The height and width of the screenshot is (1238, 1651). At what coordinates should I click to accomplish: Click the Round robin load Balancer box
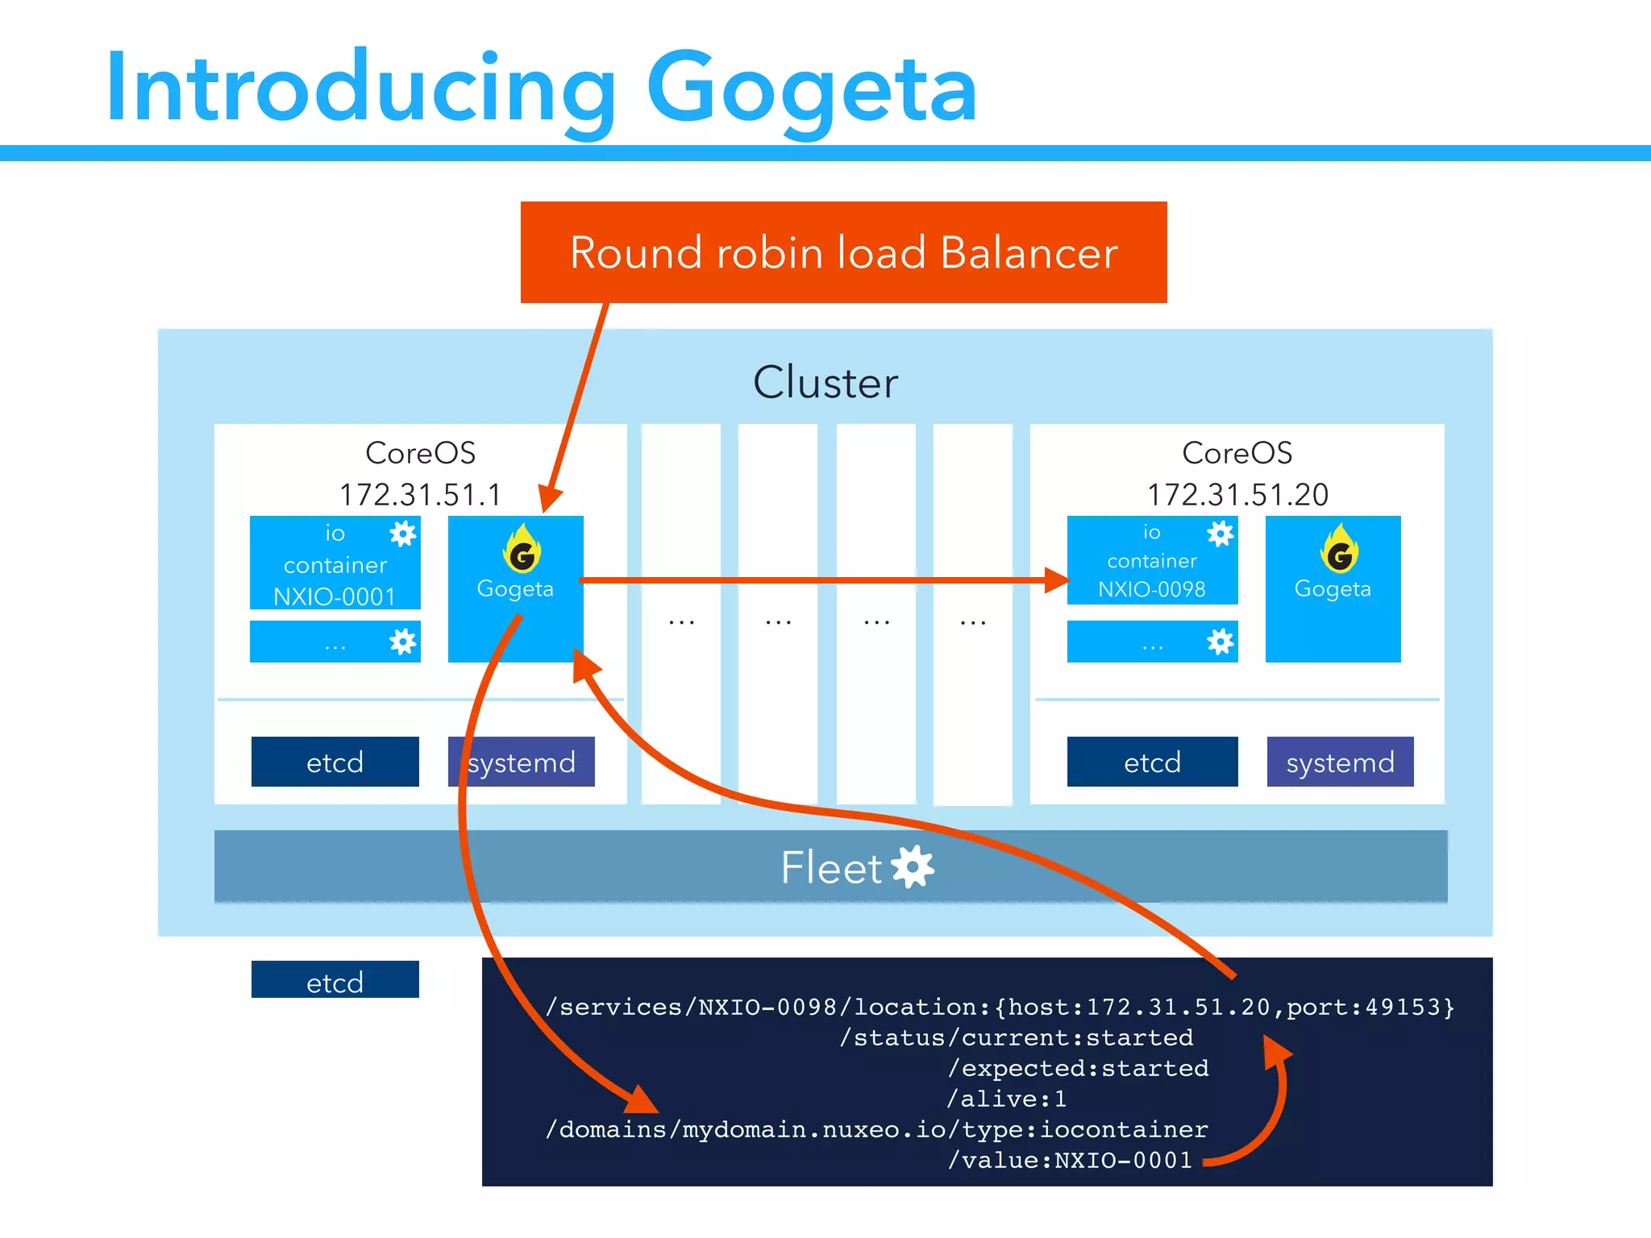coord(843,252)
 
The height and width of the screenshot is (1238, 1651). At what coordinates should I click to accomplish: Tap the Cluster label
coord(825,382)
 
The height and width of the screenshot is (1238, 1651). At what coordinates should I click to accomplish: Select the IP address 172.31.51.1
coord(420,494)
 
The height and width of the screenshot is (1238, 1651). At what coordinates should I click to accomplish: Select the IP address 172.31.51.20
coord(1237,494)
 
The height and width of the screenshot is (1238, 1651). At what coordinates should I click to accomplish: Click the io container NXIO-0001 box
coord(335,564)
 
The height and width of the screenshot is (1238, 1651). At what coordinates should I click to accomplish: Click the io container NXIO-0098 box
coord(1151,562)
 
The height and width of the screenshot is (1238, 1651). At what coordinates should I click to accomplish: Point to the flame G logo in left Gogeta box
coord(522,550)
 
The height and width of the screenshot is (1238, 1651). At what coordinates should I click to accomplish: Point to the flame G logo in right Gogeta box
coord(1339,550)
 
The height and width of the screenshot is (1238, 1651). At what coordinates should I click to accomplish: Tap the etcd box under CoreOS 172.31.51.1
coord(335,762)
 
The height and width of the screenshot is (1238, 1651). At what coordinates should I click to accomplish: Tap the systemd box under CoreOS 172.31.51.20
coord(1340,762)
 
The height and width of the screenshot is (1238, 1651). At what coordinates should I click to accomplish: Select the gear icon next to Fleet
coord(913,867)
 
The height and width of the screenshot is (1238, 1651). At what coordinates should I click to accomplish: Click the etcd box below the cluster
coord(335,980)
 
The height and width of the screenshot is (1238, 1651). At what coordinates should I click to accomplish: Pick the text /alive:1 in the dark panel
coord(1006,1099)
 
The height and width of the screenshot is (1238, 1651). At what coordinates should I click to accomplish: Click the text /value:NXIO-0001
coord(1070,1160)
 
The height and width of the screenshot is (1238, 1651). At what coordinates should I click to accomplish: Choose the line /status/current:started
coord(1016,1037)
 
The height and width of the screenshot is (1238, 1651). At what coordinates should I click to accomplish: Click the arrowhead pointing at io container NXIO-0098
coord(1057,580)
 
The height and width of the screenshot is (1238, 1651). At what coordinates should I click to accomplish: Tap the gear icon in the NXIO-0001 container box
coord(402,534)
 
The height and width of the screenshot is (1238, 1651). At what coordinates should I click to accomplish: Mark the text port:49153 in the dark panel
coord(1370,1007)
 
